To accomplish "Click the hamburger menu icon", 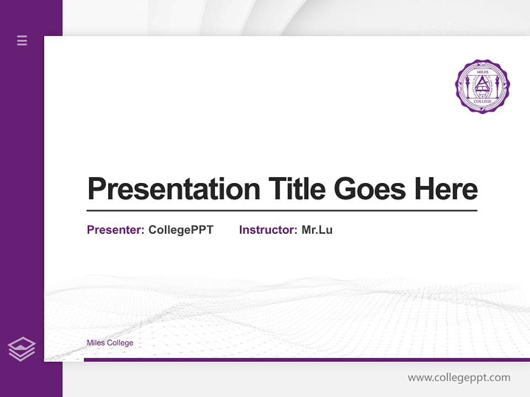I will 22,40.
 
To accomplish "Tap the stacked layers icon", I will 22,349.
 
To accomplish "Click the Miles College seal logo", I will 482,86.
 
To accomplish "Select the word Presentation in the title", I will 173,189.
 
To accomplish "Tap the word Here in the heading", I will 446,189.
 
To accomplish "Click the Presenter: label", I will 116,230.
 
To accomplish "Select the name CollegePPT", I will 181,230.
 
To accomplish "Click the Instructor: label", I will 268,230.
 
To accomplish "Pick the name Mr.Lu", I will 317,230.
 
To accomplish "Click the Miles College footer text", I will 110,343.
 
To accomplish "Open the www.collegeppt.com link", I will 459,378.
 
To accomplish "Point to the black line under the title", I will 282,211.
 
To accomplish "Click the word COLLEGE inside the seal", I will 482,101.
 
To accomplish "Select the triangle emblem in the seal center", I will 482,84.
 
